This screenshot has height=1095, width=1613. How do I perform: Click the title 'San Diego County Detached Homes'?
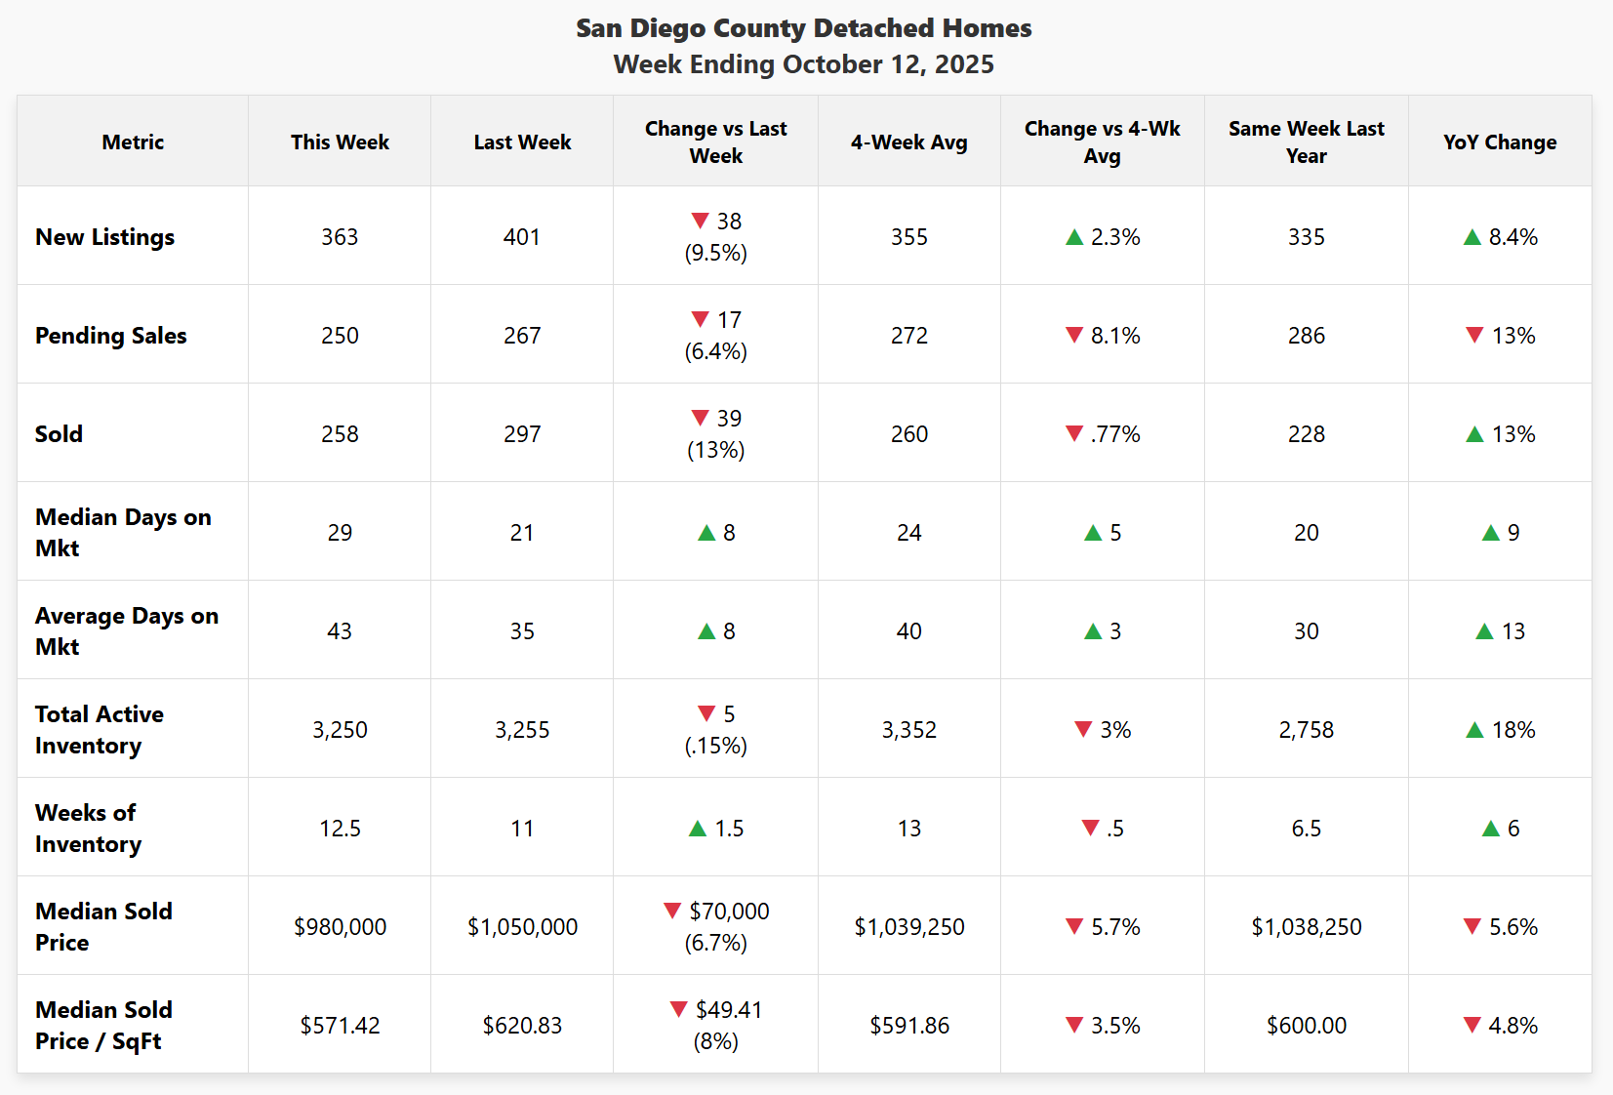pos(803,28)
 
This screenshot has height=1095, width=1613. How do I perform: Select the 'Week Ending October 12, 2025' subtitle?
pos(803,64)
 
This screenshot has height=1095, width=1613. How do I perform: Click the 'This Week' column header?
pos(340,142)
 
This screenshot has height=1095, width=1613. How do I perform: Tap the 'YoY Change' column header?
pos(1500,142)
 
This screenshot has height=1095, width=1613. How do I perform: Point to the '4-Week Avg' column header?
pos(908,142)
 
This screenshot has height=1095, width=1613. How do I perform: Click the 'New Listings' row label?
pos(105,237)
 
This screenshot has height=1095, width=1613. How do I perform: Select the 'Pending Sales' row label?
pos(111,336)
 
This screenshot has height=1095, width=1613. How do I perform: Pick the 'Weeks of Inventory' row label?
pos(88,828)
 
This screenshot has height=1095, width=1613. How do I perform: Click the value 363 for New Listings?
pos(340,237)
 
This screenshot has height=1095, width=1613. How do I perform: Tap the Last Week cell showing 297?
pos(522,434)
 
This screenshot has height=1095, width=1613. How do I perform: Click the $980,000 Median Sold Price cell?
pos(340,927)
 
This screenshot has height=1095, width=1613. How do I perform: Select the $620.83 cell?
pos(522,1026)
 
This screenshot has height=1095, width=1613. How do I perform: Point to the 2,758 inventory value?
pos(1306,730)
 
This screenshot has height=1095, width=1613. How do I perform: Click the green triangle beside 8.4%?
pos(1472,237)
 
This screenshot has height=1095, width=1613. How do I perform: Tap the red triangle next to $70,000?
pos(672,911)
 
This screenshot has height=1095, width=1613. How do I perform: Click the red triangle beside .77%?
pos(1074,433)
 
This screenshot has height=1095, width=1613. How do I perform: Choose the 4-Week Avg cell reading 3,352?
pos(908,730)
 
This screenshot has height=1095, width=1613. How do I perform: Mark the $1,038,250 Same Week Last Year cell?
pos(1306,927)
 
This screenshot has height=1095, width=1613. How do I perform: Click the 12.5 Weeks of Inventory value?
pos(340,829)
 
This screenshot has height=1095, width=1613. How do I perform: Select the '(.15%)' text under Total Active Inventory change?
pos(715,747)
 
